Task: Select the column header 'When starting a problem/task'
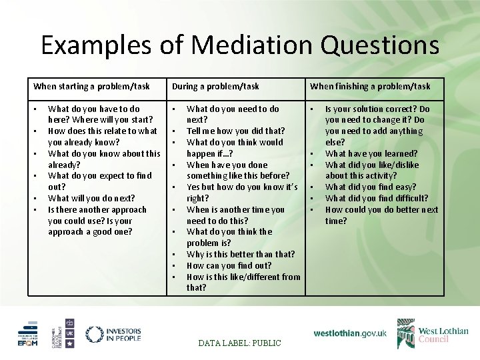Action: click(x=91, y=86)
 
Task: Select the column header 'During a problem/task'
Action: click(x=215, y=86)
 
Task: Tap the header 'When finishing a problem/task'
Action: click(x=370, y=86)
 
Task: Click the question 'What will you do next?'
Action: click(x=91, y=198)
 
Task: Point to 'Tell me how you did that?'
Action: click(x=235, y=131)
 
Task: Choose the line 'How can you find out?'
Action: click(x=229, y=265)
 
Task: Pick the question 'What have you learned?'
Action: click(x=371, y=153)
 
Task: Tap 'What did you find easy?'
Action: click(x=370, y=187)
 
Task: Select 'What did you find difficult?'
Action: click(x=377, y=198)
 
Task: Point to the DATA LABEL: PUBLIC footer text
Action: click(x=240, y=343)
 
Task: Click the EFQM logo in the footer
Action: click(x=29, y=335)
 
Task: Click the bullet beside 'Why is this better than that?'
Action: click(x=173, y=254)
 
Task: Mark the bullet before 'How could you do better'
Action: click(x=312, y=209)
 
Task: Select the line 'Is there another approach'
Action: click(x=97, y=209)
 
